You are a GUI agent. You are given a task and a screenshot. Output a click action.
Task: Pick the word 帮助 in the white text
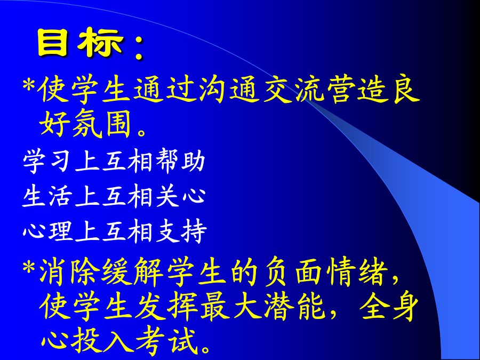coord(181,161)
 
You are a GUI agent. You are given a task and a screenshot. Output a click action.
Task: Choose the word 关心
coord(181,196)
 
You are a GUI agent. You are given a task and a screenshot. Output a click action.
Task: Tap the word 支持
coord(181,231)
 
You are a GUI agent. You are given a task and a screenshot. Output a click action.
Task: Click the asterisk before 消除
coord(29,268)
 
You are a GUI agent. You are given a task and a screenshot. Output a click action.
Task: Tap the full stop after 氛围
coord(142,132)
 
